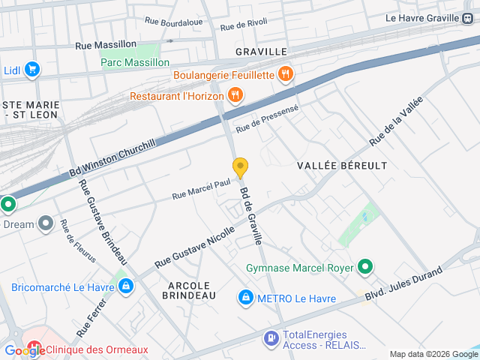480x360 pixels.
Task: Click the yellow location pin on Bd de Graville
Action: tap(240, 168)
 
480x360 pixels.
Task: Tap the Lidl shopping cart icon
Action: tap(31, 70)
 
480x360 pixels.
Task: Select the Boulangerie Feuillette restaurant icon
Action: tap(285, 74)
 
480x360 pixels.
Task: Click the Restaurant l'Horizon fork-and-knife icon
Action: tap(235, 95)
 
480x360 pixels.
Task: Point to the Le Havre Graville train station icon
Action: tap(467, 18)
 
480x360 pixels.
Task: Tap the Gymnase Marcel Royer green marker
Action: tap(365, 267)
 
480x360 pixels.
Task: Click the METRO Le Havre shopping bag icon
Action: tap(245, 298)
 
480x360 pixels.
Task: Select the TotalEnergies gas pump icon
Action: tap(270, 338)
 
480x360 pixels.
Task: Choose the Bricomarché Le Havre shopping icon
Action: tap(126, 286)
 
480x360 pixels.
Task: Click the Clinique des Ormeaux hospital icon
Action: tap(34, 349)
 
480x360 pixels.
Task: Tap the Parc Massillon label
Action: tap(136, 62)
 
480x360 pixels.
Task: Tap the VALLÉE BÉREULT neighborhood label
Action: tap(342, 164)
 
